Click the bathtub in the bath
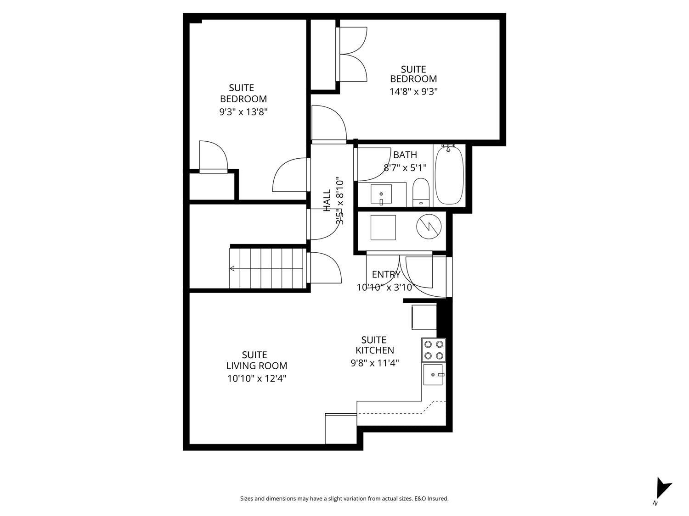pos(449,175)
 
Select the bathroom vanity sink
pos(381,194)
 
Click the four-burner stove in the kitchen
pos(434,350)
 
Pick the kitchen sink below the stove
pos(434,375)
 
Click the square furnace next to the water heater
pos(383,227)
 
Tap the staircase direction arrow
pos(232,269)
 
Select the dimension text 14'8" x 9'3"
pos(413,91)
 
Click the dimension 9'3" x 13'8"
pos(243,111)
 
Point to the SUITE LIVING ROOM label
pos(256,361)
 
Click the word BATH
pos(405,155)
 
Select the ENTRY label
pos(386,274)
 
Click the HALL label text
pos(327,201)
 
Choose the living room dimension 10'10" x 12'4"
pos(256,378)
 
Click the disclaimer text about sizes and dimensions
pos(344,499)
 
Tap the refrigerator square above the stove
pos(424,317)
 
